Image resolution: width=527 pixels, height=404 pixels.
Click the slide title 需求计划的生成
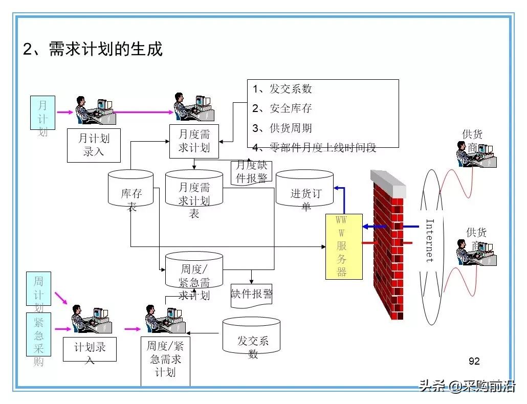[x=93, y=50]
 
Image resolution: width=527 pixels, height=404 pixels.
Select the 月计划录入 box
[x=94, y=145]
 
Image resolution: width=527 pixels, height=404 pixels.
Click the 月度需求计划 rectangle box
[x=194, y=141]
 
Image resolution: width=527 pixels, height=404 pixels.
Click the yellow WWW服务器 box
[x=344, y=246]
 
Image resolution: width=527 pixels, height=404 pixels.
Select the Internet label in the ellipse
[x=430, y=240]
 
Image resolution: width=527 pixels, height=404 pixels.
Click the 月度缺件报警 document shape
[x=251, y=172]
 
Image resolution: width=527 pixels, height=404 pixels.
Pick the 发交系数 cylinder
[x=252, y=338]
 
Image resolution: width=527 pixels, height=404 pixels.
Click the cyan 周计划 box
[x=39, y=288]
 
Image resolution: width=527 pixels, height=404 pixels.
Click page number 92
[x=474, y=361]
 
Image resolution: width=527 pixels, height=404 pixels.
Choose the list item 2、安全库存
[x=282, y=108]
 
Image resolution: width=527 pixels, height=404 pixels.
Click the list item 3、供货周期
[x=282, y=128]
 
